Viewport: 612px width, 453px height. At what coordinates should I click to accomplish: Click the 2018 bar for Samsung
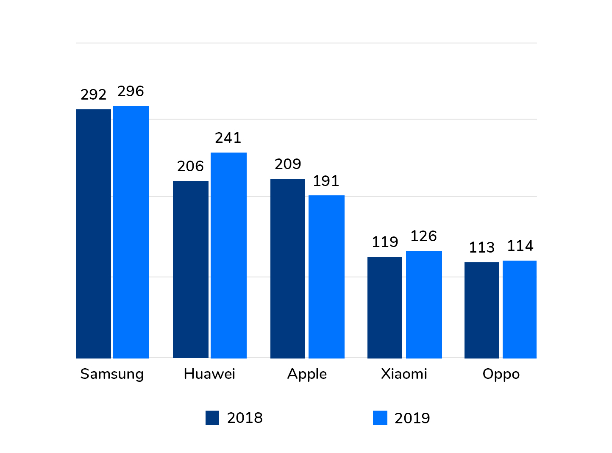click(x=94, y=233)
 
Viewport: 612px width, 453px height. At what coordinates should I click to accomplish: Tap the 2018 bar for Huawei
click(x=191, y=269)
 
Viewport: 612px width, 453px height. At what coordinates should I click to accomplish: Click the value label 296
click(x=131, y=91)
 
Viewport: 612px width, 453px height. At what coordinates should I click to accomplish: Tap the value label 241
click(x=228, y=138)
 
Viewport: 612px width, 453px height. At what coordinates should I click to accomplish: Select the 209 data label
click(x=288, y=164)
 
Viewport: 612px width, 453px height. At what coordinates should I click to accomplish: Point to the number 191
click(x=326, y=181)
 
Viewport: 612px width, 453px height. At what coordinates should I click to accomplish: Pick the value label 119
click(x=385, y=242)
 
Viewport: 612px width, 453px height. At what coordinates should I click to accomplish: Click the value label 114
click(x=520, y=246)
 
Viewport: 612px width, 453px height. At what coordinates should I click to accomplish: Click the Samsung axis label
click(x=112, y=374)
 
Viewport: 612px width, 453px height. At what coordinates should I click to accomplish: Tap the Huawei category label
click(x=209, y=374)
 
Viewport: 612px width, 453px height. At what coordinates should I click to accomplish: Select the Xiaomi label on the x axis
click(x=404, y=374)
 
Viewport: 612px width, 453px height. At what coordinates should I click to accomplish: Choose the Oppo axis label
click(x=501, y=374)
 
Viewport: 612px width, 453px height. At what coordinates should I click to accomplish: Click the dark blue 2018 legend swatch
click(x=212, y=418)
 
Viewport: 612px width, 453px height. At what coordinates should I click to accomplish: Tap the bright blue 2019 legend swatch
click(x=380, y=418)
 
